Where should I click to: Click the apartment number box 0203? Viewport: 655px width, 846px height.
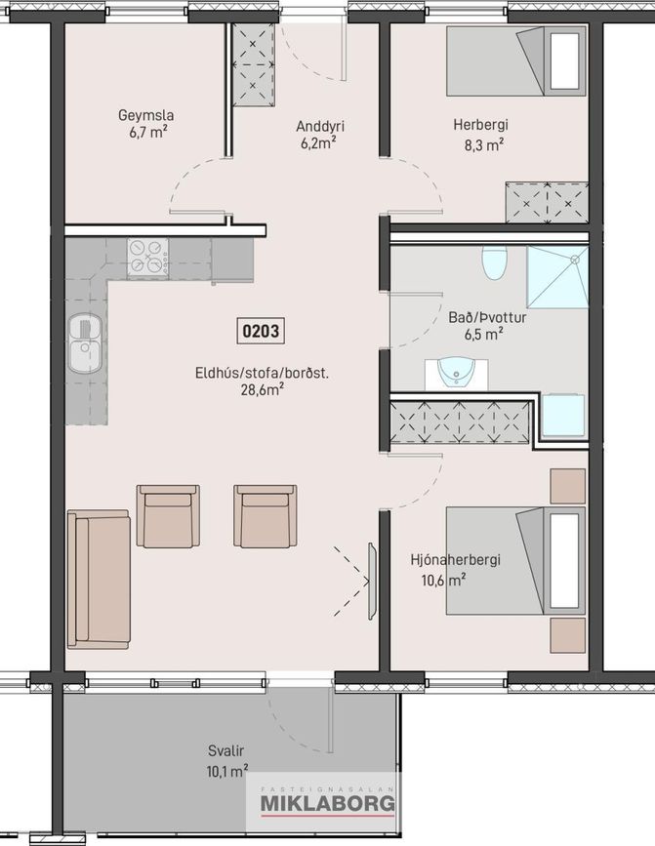pyautogui.click(x=261, y=330)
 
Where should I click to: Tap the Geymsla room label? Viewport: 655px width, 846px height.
pyautogui.click(x=145, y=115)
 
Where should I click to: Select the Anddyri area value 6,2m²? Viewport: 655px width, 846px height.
pyautogui.click(x=319, y=143)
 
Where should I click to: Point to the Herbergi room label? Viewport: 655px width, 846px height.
pyautogui.click(x=480, y=125)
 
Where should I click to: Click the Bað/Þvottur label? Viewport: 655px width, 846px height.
pyautogui.click(x=487, y=317)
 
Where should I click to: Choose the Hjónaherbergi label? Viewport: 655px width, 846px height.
pyautogui.click(x=455, y=560)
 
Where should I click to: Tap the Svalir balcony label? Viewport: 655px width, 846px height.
pyautogui.click(x=226, y=750)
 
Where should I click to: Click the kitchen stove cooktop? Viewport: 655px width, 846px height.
pyautogui.click(x=147, y=259)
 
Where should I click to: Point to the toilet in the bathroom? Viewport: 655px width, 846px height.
pyautogui.click(x=494, y=262)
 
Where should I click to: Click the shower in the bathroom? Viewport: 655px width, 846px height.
pyautogui.click(x=556, y=277)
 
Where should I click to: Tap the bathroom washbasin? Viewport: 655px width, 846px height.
pyautogui.click(x=456, y=373)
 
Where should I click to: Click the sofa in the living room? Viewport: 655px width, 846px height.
pyautogui.click(x=99, y=580)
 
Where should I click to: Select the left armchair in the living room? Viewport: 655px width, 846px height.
pyautogui.click(x=168, y=516)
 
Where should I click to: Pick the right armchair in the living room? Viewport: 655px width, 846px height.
pyautogui.click(x=265, y=516)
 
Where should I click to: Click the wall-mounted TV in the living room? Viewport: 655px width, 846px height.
pyautogui.click(x=372, y=582)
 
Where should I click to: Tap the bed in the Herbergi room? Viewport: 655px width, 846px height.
pyautogui.click(x=515, y=61)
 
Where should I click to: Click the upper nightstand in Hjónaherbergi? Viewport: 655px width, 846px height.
pyautogui.click(x=567, y=486)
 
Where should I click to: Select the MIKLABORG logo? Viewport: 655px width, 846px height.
pyautogui.click(x=328, y=803)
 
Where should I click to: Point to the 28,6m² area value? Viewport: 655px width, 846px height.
pyautogui.click(x=263, y=389)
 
